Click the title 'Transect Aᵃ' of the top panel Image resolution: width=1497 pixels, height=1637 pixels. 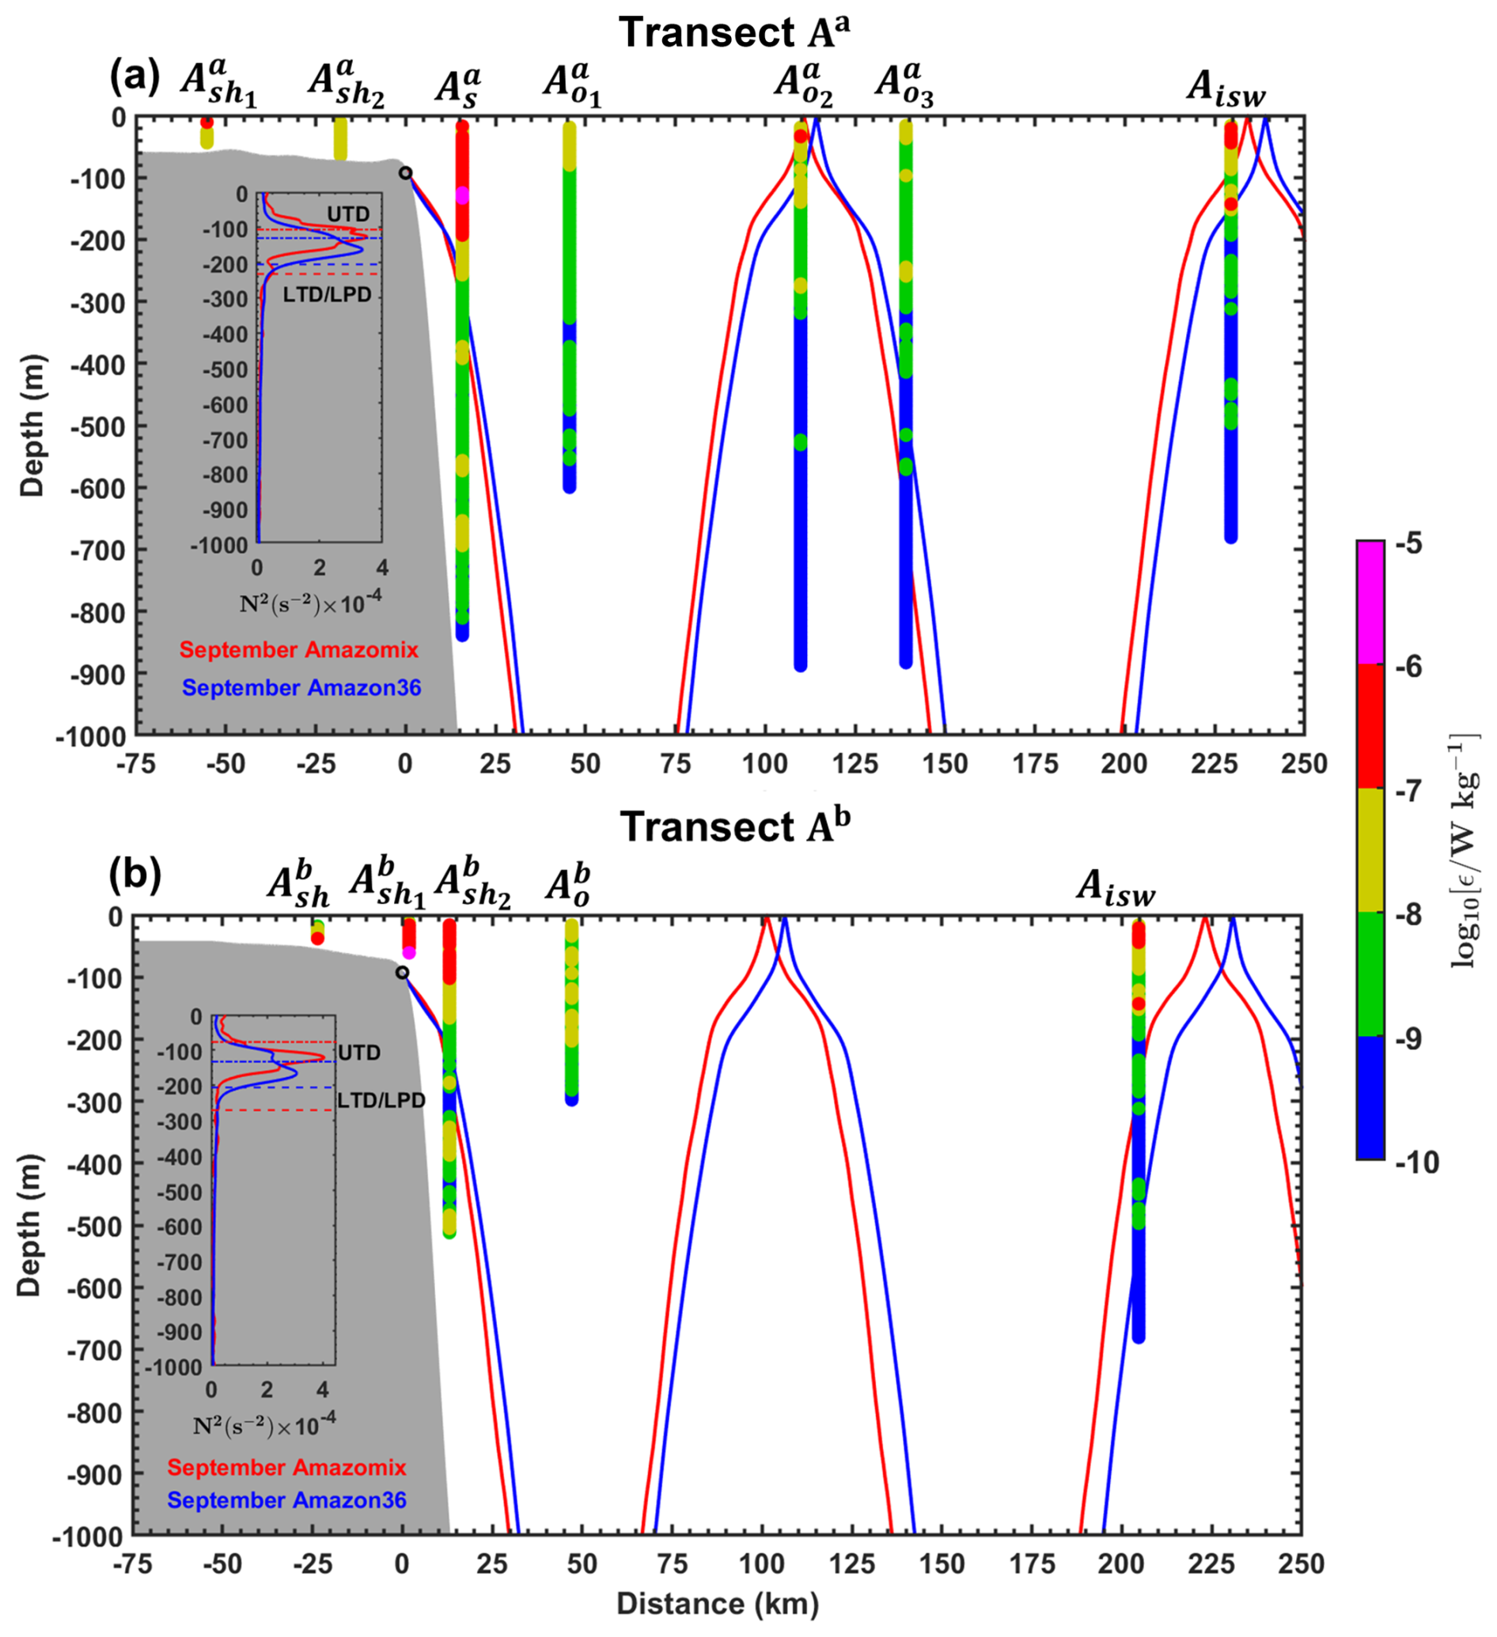pos(735,32)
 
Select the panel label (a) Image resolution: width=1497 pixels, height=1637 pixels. pos(135,79)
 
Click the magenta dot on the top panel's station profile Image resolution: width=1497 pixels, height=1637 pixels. pos(462,195)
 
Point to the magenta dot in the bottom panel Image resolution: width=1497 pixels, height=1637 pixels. pos(409,952)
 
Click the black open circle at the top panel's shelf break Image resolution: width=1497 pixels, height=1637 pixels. pos(405,173)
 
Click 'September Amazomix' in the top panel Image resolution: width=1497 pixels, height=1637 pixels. pos(299,649)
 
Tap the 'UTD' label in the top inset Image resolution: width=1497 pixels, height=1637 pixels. pos(347,214)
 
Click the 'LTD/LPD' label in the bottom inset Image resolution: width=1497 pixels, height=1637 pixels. pos(381,1100)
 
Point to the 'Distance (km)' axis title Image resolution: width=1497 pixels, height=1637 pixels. pos(718,1603)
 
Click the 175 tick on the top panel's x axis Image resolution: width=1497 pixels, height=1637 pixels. pos(1035,764)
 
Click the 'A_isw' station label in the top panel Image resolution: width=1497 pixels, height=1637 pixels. pos(1226,88)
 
